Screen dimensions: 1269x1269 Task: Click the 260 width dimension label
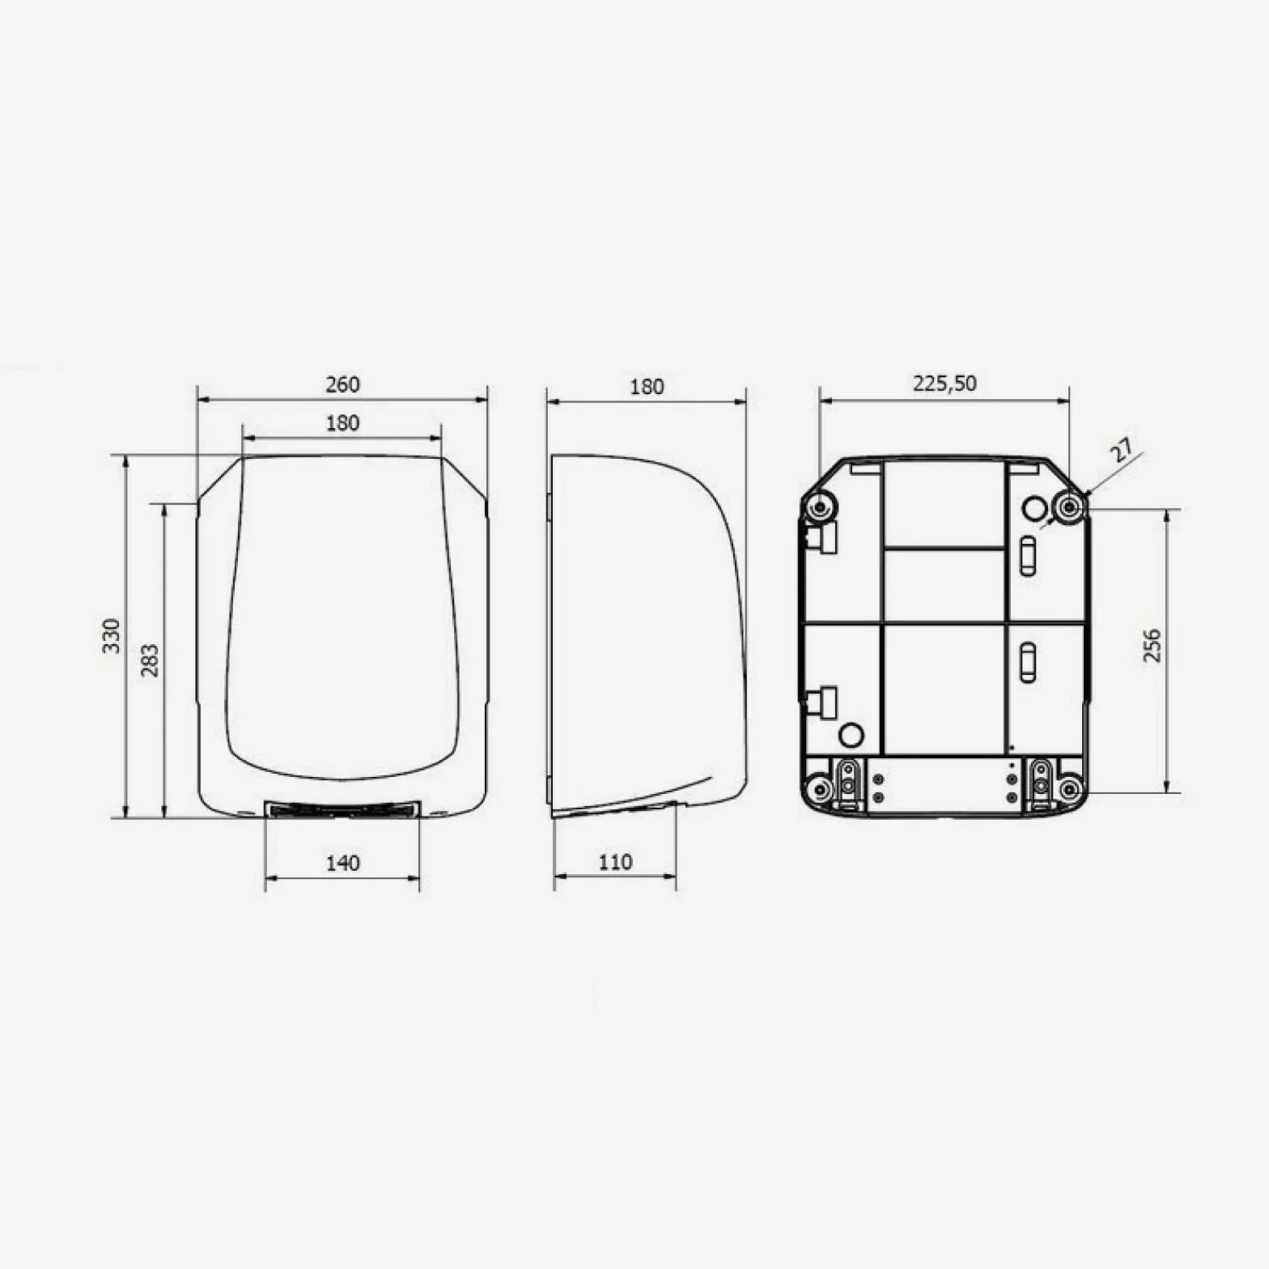(342, 384)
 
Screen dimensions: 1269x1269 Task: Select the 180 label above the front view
(342, 423)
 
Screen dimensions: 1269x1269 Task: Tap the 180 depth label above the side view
(647, 387)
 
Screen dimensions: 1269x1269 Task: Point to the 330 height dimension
(112, 636)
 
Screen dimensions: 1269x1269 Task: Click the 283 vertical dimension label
(151, 660)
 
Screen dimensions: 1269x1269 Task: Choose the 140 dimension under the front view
(342, 864)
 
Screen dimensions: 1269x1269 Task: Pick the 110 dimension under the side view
(615, 863)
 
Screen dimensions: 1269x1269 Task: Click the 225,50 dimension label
(944, 383)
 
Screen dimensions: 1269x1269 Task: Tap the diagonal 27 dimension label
(1123, 450)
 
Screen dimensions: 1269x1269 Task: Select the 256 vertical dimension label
(1152, 646)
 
